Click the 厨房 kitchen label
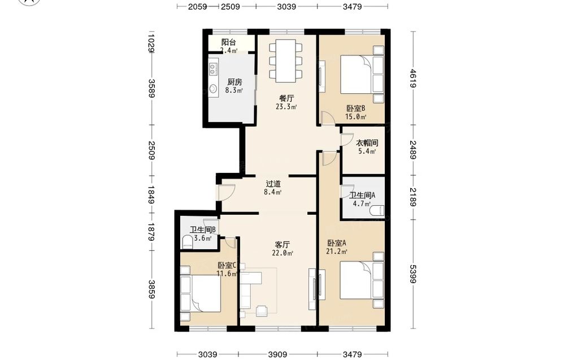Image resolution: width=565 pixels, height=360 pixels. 234,82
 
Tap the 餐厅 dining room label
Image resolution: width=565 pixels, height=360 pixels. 286,98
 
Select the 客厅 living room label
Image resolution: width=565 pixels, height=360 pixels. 282,245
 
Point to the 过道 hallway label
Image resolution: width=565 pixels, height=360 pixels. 273,184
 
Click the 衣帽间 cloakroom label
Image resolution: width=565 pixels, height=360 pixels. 367,143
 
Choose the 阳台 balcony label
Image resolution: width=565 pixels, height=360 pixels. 228,42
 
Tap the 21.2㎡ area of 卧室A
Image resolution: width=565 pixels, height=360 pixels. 337,251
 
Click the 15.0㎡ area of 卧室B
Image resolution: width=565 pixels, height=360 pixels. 355,116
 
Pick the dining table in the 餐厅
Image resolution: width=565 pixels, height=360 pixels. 286,60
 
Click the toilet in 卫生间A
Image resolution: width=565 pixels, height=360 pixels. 377,210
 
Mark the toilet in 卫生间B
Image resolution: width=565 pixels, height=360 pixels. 187,242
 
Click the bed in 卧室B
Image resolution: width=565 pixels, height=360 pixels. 355,74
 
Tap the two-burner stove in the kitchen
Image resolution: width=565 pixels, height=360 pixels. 213,69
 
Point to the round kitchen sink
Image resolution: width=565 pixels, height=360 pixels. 214,89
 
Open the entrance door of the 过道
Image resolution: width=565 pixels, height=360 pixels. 226,192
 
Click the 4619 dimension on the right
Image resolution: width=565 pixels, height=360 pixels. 413,78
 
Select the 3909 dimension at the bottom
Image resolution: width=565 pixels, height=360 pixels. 277,354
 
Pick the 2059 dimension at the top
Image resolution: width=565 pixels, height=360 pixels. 197,6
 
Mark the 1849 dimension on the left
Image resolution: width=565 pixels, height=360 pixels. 151,194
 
